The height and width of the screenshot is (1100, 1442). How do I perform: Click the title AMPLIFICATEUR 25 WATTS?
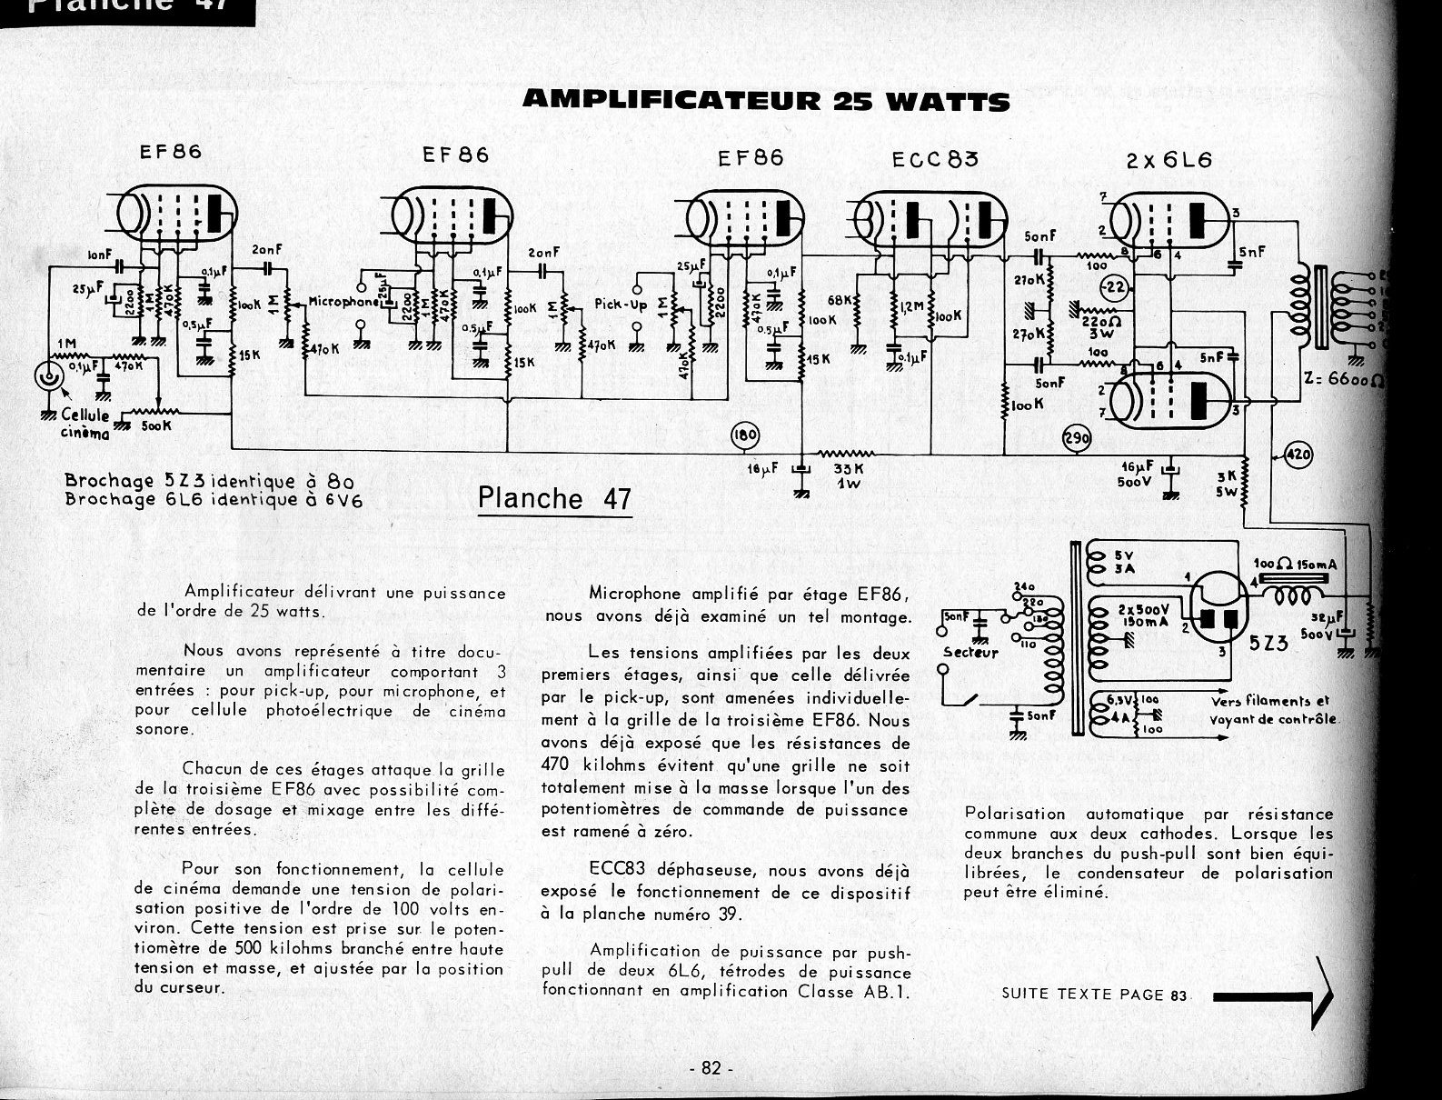[x=766, y=99]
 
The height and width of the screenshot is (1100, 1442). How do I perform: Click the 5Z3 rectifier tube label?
[x=1268, y=643]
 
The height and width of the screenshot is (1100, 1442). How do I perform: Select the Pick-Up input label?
[x=621, y=305]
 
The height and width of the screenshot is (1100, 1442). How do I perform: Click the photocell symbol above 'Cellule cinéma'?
[x=47, y=375]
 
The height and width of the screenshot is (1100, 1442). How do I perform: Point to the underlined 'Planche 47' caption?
[x=553, y=498]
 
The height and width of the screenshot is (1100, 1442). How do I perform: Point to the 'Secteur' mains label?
[x=970, y=652]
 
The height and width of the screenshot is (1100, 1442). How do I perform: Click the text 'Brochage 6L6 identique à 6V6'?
[x=214, y=498]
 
